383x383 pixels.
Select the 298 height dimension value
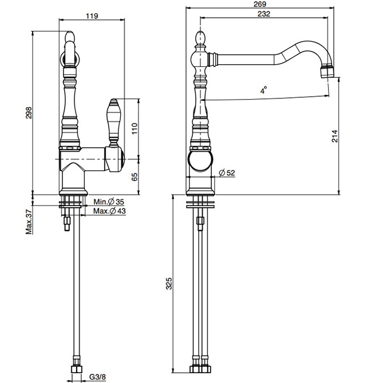click(x=29, y=114)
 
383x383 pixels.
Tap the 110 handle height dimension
click(x=135, y=127)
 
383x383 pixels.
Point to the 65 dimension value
click(x=135, y=177)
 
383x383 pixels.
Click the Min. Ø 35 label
click(x=108, y=203)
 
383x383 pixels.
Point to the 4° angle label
click(x=263, y=90)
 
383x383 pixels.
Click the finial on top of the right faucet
click(x=200, y=38)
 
